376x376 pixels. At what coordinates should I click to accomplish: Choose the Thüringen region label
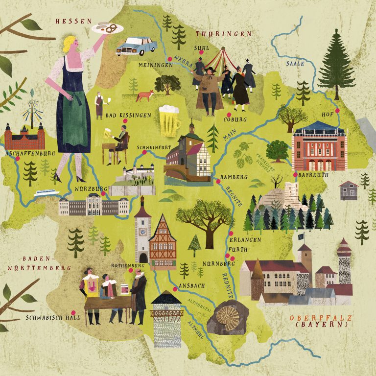tap(223, 34)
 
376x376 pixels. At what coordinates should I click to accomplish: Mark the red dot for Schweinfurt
tap(144, 152)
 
